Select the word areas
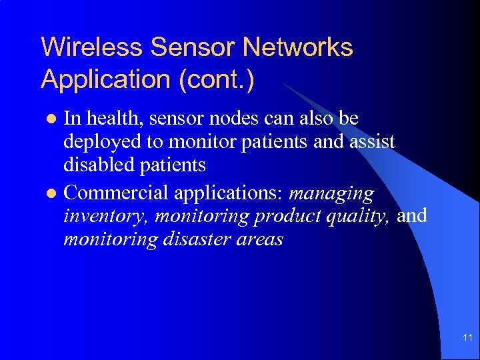259,239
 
